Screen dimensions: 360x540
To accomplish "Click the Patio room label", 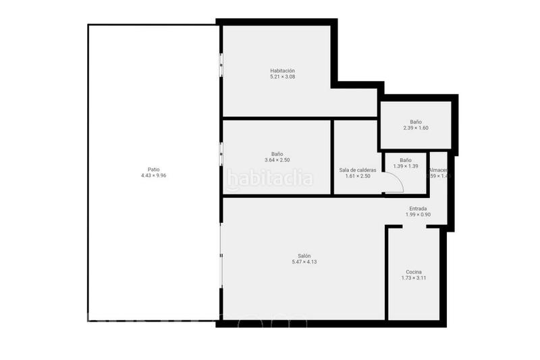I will (x=154, y=170).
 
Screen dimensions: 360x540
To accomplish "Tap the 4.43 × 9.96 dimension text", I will (x=154, y=176).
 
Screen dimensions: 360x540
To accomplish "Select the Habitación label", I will (x=282, y=70).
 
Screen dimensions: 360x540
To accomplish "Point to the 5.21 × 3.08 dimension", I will (x=282, y=77).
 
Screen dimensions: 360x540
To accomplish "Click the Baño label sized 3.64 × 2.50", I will (x=277, y=154).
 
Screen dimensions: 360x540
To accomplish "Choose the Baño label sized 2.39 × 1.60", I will (x=416, y=122).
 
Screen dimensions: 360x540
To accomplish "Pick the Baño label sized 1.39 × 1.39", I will (x=406, y=160).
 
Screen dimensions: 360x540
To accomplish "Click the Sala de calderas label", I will (x=358, y=170).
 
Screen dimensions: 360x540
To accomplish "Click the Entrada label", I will (x=418, y=209).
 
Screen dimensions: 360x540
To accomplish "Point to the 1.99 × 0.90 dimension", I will (x=418, y=215).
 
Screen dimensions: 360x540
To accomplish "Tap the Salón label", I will (x=304, y=255).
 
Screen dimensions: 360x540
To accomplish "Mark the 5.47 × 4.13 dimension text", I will (x=304, y=261).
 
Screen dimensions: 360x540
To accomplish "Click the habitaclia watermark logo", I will (x=270, y=179).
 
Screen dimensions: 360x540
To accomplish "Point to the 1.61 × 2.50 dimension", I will (x=358, y=176).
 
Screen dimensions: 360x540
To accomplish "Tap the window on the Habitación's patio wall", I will (x=221, y=65).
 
